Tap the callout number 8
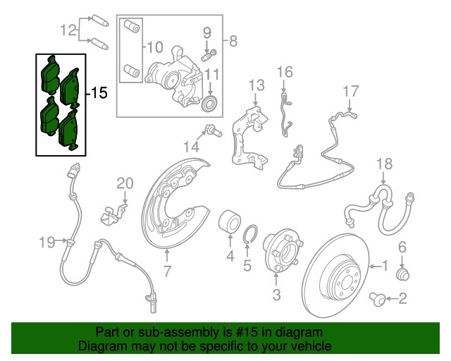tap(233, 41)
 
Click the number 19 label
tap(47, 243)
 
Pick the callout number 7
tap(167, 271)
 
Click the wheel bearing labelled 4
tap(230, 221)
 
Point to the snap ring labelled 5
tap(250, 235)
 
